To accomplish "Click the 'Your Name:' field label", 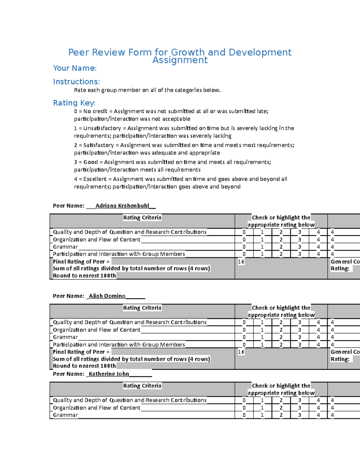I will (x=75, y=68).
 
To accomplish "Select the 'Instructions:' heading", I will (x=76, y=82).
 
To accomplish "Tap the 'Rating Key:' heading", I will (x=74, y=103).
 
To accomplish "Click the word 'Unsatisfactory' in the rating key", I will (x=102, y=128).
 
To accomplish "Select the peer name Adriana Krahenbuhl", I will (x=122, y=206).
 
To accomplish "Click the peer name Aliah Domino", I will (x=107, y=296).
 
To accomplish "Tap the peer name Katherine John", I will (x=109, y=374).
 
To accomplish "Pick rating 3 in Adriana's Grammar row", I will (x=299, y=247).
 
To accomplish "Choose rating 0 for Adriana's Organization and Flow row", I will (x=244, y=240).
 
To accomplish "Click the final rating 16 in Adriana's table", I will (x=241, y=262).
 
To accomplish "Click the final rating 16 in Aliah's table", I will (x=241, y=352).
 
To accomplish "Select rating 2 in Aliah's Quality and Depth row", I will (x=281, y=322).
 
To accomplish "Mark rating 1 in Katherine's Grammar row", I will (x=262, y=415).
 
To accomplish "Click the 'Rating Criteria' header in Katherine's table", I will (x=142, y=386).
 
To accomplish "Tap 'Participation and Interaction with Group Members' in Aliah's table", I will (x=119, y=345).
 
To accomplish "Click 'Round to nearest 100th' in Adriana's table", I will (x=84, y=276).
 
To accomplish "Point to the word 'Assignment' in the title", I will (x=180, y=60).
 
